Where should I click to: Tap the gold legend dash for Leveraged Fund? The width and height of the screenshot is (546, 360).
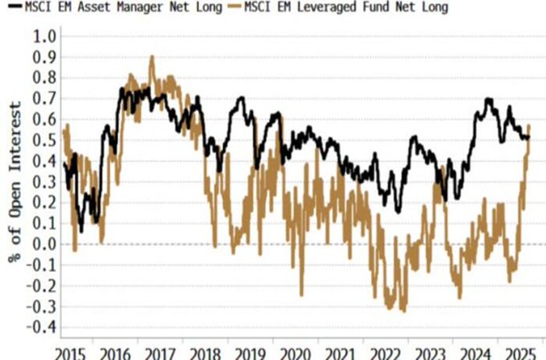coord(233,8)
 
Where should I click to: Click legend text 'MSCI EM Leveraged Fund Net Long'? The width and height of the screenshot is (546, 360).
coord(345,8)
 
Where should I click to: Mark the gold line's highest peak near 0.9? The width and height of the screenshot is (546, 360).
coord(152,57)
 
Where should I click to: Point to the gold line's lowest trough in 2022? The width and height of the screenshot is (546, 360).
coord(405,310)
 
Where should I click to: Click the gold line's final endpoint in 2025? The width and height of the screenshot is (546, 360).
coord(529,126)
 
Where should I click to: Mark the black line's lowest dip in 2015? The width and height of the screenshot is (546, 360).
coord(81,231)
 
